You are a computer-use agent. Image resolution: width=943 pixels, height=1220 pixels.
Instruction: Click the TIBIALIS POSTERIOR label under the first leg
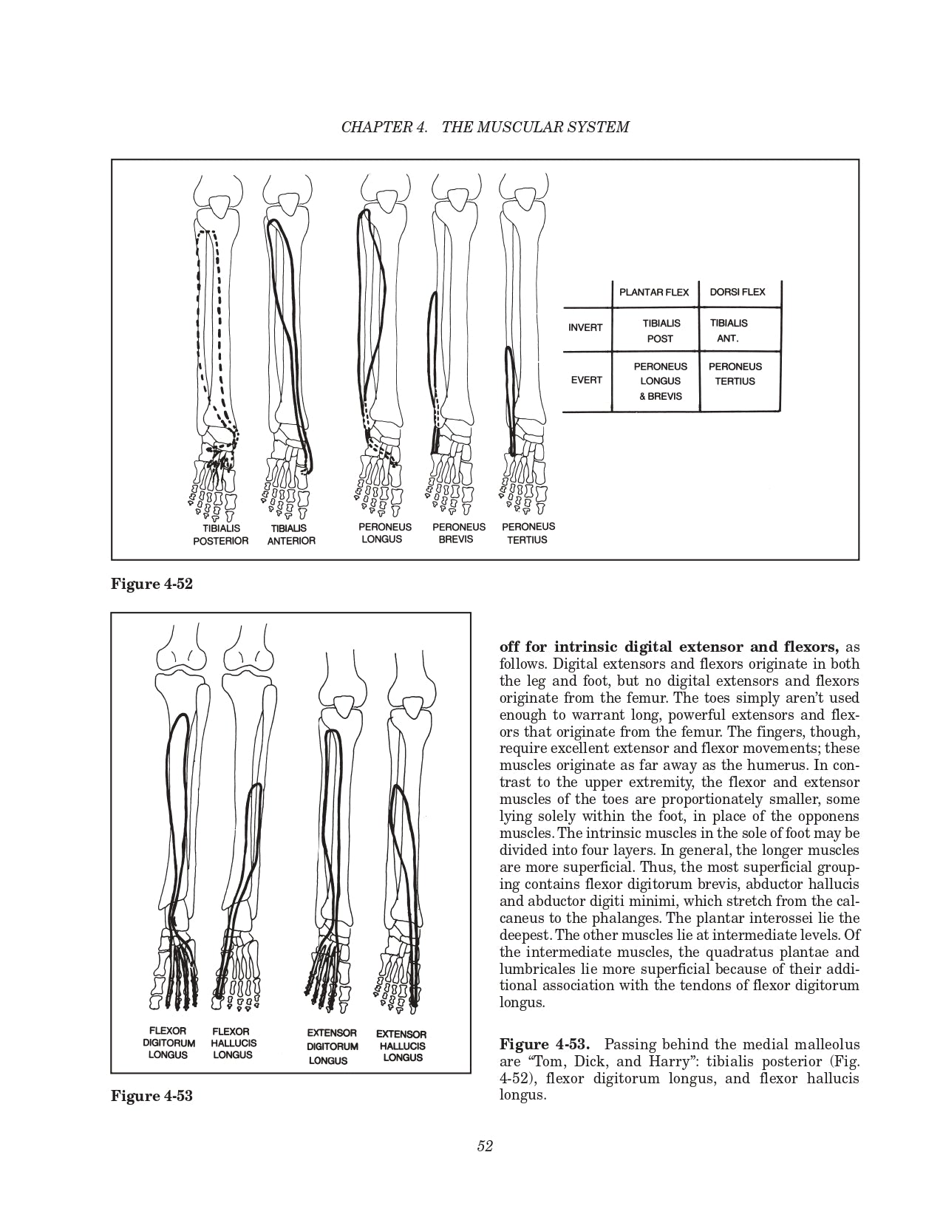(x=220, y=534)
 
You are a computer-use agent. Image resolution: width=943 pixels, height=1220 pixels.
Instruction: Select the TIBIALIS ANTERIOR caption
(x=292, y=534)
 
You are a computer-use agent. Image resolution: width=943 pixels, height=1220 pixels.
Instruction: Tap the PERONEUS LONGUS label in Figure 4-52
(x=381, y=533)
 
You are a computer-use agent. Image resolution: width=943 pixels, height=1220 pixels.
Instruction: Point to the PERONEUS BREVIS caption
(x=458, y=533)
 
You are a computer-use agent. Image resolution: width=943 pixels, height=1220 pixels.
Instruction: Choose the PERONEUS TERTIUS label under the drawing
(x=528, y=533)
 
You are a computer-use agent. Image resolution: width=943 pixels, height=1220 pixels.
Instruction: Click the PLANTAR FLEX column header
(x=653, y=292)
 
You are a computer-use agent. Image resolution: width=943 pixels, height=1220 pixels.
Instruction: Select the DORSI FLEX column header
(x=737, y=292)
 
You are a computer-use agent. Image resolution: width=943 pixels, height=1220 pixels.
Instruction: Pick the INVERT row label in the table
(x=585, y=327)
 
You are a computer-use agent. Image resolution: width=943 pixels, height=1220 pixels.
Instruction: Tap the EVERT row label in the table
(x=586, y=380)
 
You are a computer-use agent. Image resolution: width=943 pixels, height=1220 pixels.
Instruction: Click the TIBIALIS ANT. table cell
(x=729, y=330)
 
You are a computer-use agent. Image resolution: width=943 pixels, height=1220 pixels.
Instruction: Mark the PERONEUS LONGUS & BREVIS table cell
(x=660, y=381)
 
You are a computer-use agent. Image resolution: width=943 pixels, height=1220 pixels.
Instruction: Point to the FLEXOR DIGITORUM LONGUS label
(x=168, y=1043)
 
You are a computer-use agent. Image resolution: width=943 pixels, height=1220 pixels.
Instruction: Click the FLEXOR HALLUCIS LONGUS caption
(x=233, y=1043)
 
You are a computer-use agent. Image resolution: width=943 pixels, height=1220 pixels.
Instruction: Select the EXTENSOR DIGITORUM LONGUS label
(x=332, y=1046)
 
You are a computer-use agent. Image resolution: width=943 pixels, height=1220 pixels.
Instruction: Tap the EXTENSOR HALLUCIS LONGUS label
(x=401, y=1046)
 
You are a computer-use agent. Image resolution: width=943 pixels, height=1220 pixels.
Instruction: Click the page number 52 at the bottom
(x=485, y=1146)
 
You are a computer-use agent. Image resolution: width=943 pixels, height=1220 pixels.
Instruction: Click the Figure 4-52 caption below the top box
(x=152, y=584)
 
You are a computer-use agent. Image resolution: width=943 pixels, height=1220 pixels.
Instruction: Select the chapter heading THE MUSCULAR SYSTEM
(x=535, y=126)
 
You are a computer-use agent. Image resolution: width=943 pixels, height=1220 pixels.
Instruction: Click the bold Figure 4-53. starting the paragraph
(x=544, y=1044)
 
